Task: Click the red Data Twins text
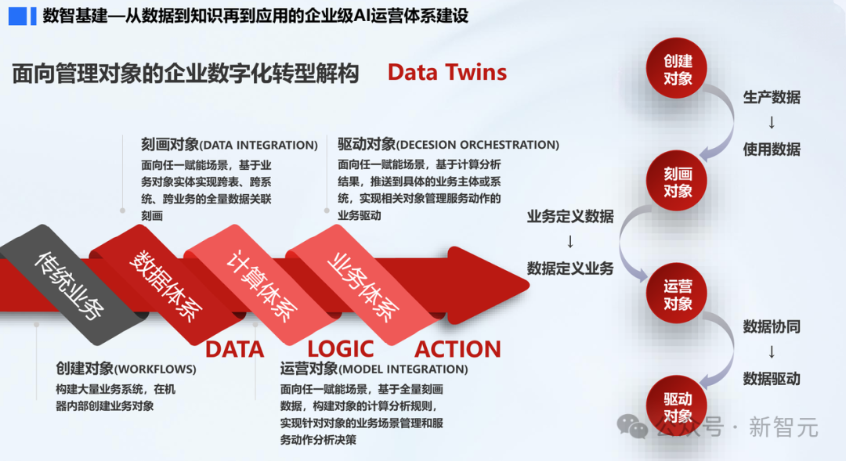pos(447,73)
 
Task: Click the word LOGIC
pos(340,349)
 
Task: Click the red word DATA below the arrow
pos(234,349)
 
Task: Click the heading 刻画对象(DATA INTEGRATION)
pos(230,145)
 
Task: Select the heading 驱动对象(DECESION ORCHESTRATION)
pos(448,145)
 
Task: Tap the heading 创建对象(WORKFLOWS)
pos(126,369)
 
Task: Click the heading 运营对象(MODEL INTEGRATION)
pos(374,369)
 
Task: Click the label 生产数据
pos(772,98)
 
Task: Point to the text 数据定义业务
pos(569,268)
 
